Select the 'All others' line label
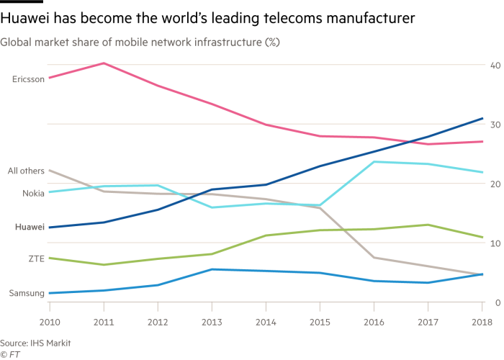click(x=26, y=171)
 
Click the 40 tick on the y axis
click(x=494, y=66)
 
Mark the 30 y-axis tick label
click(x=494, y=125)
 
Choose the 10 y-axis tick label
click(x=494, y=243)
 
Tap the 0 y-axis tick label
click(x=496, y=302)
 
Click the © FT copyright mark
click(x=9, y=354)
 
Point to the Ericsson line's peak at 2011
click(x=103, y=63)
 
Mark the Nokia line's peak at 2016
click(x=373, y=161)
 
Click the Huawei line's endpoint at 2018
click(x=482, y=118)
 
